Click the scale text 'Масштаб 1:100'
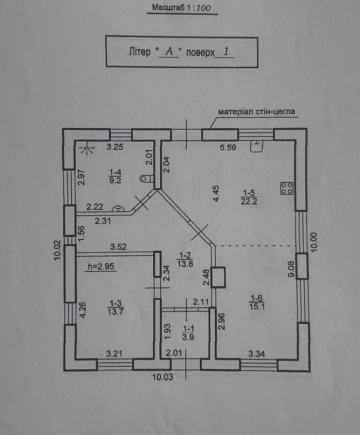(181, 7)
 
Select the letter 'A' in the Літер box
(169, 52)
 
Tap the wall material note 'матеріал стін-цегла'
(256, 111)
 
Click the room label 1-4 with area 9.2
(115, 177)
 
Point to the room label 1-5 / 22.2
(249, 197)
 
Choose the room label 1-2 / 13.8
(185, 259)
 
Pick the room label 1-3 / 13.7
(116, 307)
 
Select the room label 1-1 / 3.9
(188, 333)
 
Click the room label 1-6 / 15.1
(257, 302)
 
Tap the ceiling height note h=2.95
(101, 266)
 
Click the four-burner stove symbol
(287, 188)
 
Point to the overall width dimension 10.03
(163, 377)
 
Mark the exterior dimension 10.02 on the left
(57, 250)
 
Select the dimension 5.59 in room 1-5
(228, 147)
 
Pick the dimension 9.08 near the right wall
(292, 269)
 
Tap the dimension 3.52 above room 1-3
(118, 247)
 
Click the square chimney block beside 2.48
(218, 277)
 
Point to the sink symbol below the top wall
(257, 146)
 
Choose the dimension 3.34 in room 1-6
(257, 354)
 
